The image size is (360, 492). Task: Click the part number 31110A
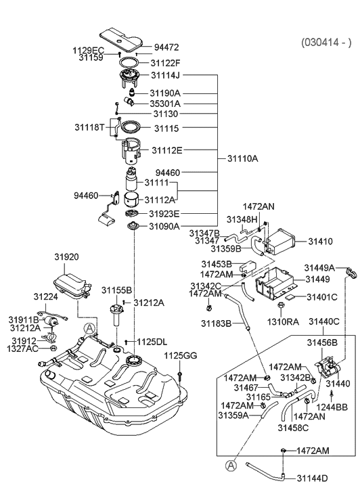click(242, 158)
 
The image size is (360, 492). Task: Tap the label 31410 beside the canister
click(321, 240)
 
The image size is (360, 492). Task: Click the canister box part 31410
click(278, 240)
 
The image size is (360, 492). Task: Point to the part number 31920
click(67, 257)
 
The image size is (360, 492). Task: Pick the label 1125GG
click(180, 355)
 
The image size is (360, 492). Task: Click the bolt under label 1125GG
click(181, 374)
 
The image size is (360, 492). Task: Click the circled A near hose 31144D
click(231, 465)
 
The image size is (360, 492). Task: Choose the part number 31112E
click(166, 150)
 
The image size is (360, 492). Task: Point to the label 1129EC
click(88, 50)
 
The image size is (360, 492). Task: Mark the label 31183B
click(216, 323)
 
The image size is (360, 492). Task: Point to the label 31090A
click(164, 226)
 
